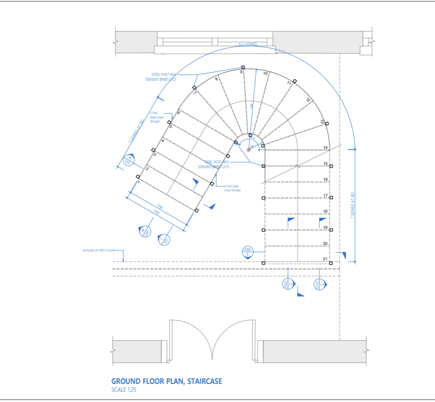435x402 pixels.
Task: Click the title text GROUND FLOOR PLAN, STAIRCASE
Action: pyautogui.click(x=167, y=381)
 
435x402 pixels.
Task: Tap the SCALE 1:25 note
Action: pyautogui.click(x=124, y=390)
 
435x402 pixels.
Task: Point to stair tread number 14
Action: pyautogui.click(x=325, y=148)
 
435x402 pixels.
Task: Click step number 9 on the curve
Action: pyautogui.click(x=241, y=72)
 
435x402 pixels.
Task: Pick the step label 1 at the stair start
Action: pyautogui.click(x=139, y=182)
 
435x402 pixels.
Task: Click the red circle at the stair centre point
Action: pyautogui.click(x=248, y=149)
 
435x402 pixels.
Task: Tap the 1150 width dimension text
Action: pyautogui.click(x=157, y=212)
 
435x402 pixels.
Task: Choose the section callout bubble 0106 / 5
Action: pyautogui.click(x=247, y=252)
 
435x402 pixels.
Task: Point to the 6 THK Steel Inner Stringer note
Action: pyautogui.click(x=232, y=188)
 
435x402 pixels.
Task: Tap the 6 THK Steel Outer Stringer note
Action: pyautogui.click(x=155, y=117)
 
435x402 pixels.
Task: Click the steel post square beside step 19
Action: pyautogui.click(x=331, y=230)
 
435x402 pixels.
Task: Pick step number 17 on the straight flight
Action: pyautogui.click(x=325, y=195)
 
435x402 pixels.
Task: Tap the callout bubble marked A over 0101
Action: pyautogui.click(x=145, y=231)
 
